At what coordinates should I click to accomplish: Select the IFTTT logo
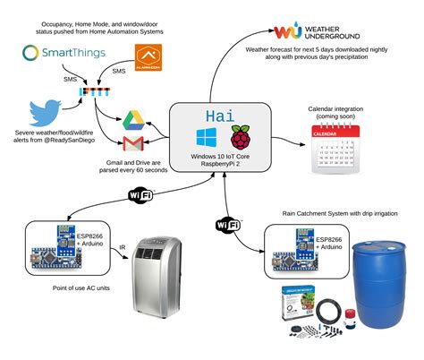point(92,92)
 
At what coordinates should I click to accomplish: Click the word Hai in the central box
point(220,116)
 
